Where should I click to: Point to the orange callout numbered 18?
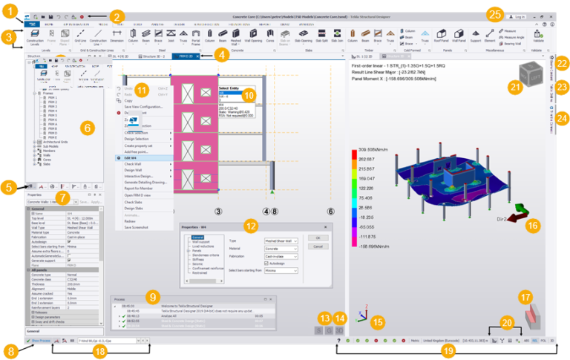(x=100, y=350)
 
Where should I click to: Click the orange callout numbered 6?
(x=86, y=128)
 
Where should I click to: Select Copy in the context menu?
(x=128, y=100)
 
